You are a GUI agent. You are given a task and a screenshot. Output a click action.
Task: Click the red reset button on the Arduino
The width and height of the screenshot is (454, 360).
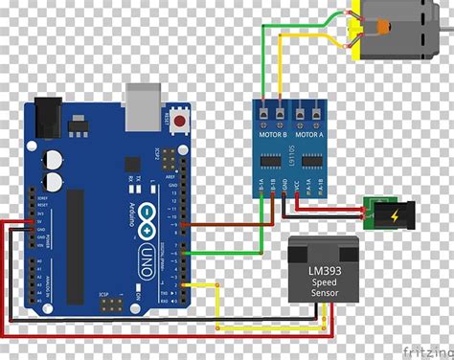point(179,122)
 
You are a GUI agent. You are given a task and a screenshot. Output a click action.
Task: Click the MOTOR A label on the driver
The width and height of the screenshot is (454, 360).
point(312,133)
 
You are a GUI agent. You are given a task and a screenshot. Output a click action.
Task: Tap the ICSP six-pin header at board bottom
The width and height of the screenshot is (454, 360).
point(111,304)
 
